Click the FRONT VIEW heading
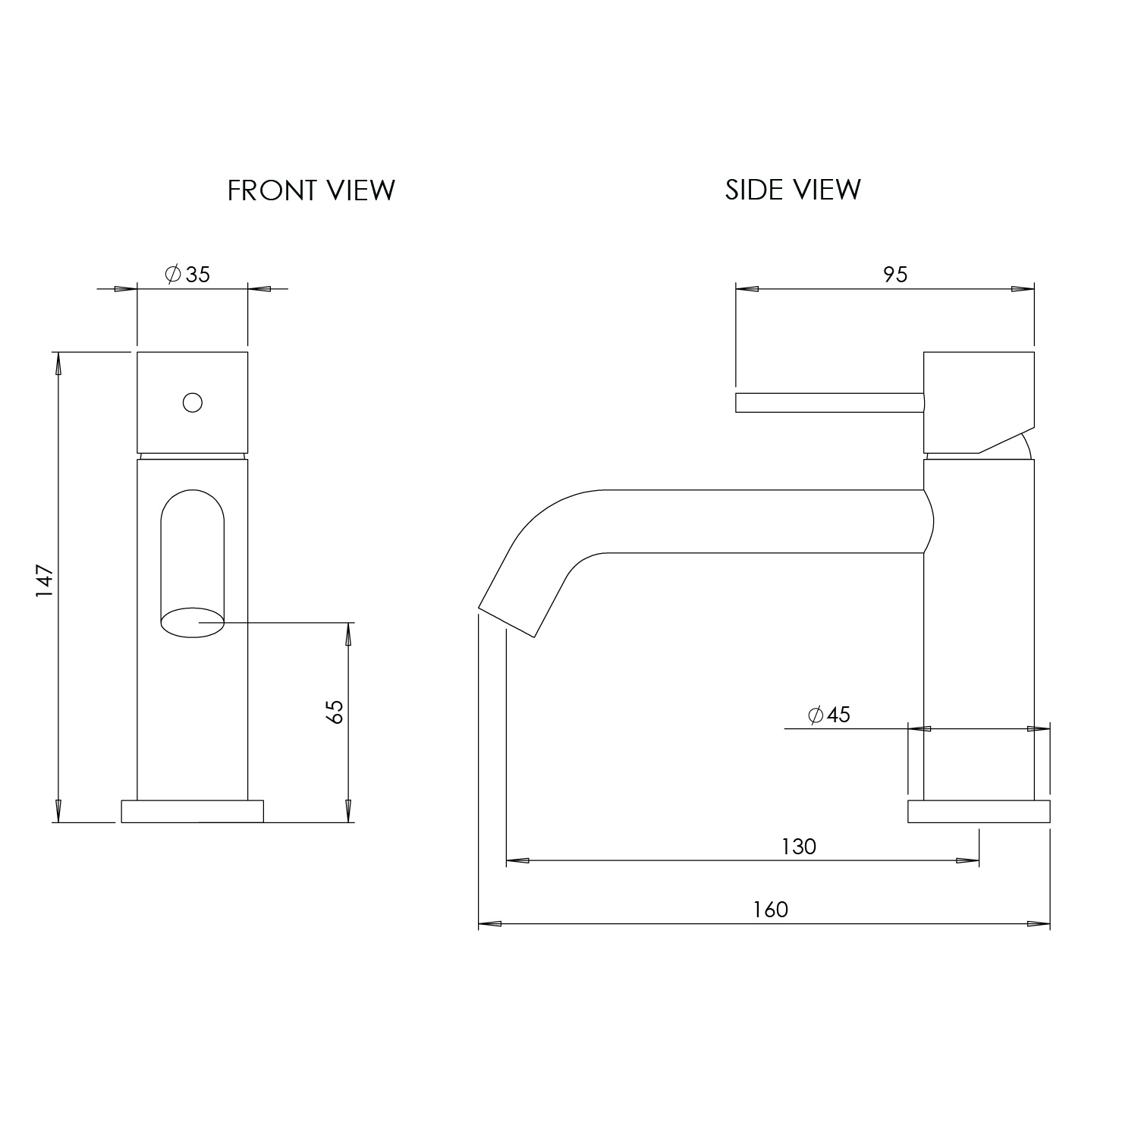pyautogui.click(x=311, y=190)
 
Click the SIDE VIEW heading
pyautogui.click(x=793, y=189)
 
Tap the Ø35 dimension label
pyautogui.click(x=188, y=274)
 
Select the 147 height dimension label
pyautogui.click(x=46, y=581)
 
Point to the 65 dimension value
pyautogui.click(x=335, y=711)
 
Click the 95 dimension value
pyautogui.click(x=895, y=274)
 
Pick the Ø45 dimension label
pyautogui.click(x=828, y=715)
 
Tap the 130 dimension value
pyautogui.click(x=798, y=846)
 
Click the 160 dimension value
pyautogui.click(x=771, y=909)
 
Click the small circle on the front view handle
pyautogui.click(x=193, y=402)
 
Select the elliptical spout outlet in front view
pyautogui.click(x=193, y=622)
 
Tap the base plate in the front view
pyautogui.click(x=192, y=811)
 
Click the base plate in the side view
pyautogui.click(x=979, y=811)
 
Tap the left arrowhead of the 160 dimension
pyautogui.click(x=490, y=924)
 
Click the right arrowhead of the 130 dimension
pyautogui.click(x=967, y=861)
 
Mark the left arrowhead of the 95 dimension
pyautogui.click(x=747, y=288)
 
